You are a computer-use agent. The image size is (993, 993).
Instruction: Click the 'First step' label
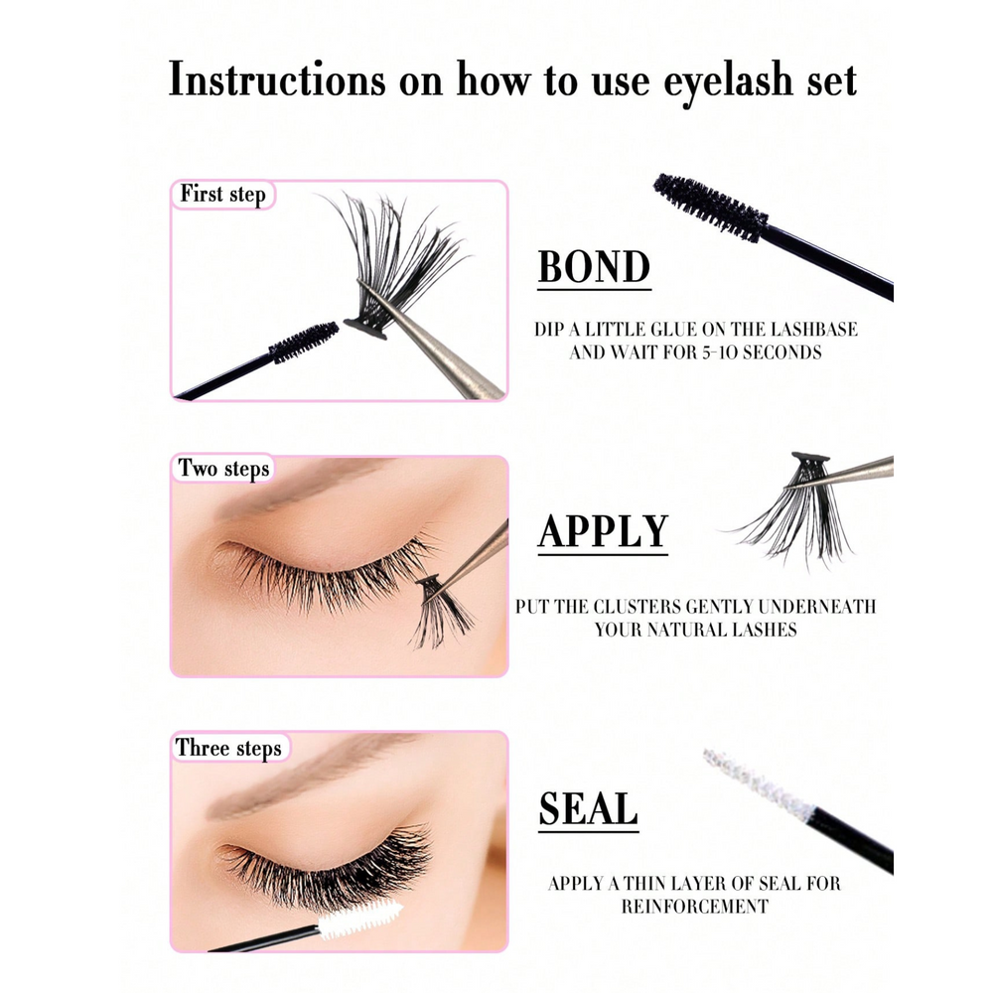coord(222,194)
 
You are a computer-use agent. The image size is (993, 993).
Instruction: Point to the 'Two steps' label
coord(223,469)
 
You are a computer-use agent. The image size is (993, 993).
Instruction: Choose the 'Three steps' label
coord(228,748)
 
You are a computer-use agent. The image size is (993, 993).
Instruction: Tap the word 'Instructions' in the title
coord(277,79)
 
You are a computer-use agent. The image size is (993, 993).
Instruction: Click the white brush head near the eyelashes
coord(359,919)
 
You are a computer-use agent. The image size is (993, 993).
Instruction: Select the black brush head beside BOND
coord(711,208)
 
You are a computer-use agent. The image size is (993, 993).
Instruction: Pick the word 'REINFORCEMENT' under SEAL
coord(695,907)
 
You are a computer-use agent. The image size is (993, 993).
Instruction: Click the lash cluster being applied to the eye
coord(442,611)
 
